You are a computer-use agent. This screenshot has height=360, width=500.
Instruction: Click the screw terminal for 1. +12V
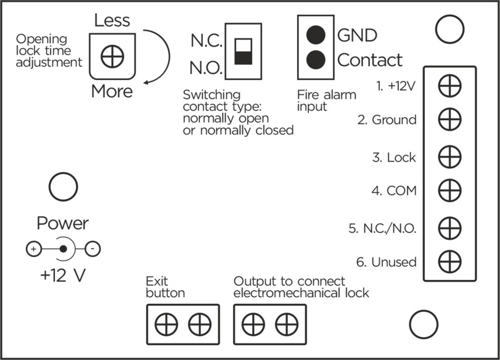(449, 86)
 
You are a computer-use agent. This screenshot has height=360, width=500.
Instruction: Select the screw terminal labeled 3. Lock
(449, 157)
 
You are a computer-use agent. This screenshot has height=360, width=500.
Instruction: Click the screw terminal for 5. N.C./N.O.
(449, 227)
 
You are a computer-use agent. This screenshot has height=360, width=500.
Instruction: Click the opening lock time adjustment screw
(112, 57)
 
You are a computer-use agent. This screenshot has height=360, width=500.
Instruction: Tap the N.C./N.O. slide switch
(244, 51)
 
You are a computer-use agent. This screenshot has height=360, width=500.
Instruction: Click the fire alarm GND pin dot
(316, 35)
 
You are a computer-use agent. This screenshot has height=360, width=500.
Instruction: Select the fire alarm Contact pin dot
(316, 60)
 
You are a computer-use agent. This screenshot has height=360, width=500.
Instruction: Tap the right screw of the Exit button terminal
(199, 323)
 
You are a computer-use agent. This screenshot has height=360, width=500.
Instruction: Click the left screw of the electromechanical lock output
(253, 323)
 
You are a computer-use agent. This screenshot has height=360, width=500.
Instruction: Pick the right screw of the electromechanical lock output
(285, 323)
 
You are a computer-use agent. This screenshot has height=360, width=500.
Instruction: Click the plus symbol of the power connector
(33, 250)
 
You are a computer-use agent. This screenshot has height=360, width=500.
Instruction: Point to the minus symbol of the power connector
(92, 250)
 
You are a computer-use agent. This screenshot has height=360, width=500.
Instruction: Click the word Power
(63, 223)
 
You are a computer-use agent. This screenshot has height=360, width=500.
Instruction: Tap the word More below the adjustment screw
(112, 92)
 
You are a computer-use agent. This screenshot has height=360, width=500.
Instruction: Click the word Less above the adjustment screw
(112, 20)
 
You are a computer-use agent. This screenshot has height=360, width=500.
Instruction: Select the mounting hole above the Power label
(62, 188)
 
